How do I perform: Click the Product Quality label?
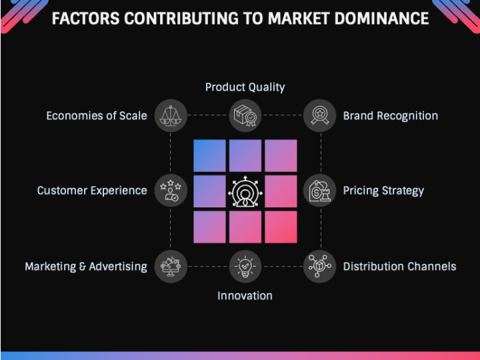(245, 87)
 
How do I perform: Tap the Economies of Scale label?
(97, 116)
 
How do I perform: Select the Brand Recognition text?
(390, 116)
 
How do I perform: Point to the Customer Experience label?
(92, 191)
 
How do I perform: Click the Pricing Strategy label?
(383, 191)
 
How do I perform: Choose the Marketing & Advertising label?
(86, 267)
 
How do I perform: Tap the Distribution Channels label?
(399, 267)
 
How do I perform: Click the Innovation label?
(245, 295)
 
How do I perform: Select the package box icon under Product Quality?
(245, 115)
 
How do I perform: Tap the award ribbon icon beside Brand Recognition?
(320, 115)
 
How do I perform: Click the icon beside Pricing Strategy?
(320, 191)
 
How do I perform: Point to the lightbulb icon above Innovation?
(245, 267)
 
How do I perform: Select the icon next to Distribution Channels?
(320, 267)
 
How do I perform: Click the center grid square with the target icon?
(245, 191)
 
